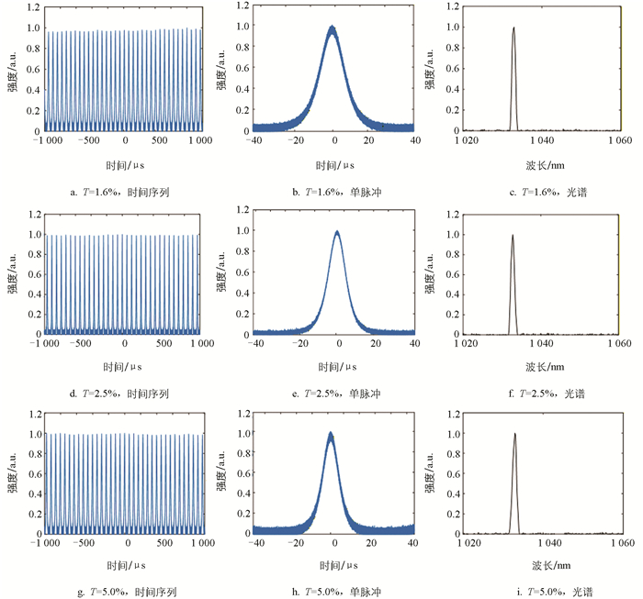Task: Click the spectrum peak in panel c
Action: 513,28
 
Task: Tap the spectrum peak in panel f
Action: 513,235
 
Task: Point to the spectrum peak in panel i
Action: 514,435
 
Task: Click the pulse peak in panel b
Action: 333,28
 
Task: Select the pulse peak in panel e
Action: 338,232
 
